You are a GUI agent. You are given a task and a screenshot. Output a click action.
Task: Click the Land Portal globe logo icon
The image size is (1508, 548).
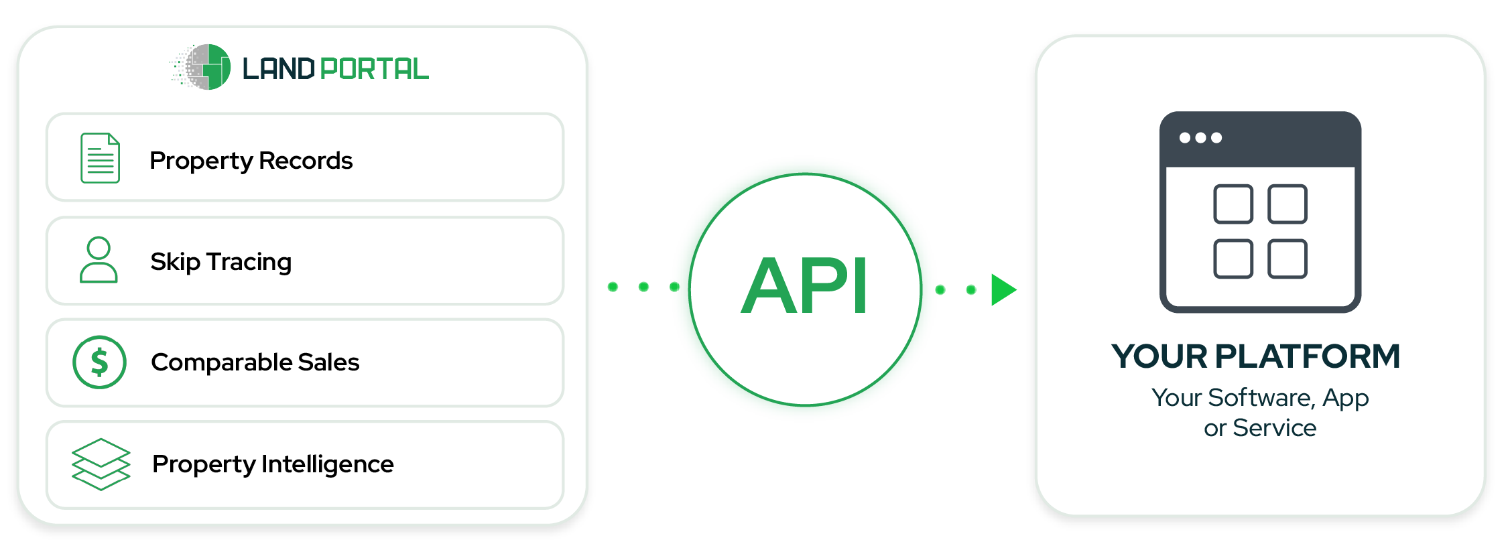click(x=201, y=67)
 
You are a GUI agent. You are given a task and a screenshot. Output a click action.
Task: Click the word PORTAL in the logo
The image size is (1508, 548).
click(x=374, y=69)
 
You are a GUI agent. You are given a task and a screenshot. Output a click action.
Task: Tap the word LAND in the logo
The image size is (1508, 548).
click(x=278, y=69)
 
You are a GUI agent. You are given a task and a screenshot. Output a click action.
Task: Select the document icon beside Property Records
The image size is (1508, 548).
click(x=100, y=158)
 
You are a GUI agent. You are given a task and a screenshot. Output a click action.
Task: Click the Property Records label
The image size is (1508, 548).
click(x=251, y=161)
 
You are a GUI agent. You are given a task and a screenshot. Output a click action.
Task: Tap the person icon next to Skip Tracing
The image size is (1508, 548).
click(x=99, y=260)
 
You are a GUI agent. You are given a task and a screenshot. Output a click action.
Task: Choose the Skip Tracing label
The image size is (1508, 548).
click(x=221, y=262)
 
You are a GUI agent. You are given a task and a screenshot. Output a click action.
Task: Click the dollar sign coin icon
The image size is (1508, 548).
click(x=99, y=362)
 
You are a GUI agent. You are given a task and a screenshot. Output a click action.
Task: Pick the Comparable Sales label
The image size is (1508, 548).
click(x=255, y=362)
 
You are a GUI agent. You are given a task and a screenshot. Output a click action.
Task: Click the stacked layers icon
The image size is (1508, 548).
click(x=101, y=464)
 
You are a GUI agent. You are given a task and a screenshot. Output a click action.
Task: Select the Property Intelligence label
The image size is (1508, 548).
click(x=273, y=464)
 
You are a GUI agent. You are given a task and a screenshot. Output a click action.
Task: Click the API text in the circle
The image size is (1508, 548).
click(x=804, y=285)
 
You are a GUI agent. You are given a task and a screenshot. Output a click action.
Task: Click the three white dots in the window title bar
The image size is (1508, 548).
click(x=1200, y=138)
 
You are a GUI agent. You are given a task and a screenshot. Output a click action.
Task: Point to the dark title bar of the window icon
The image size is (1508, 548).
click(x=1260, y=139)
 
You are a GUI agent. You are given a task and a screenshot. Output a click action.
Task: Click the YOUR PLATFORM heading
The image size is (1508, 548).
click(x=1256, y=356)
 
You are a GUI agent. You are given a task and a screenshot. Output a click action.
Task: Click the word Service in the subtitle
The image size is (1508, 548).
click(x=1274, y=428)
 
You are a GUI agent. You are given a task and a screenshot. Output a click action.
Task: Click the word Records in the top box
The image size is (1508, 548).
click(x=306, y=161)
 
